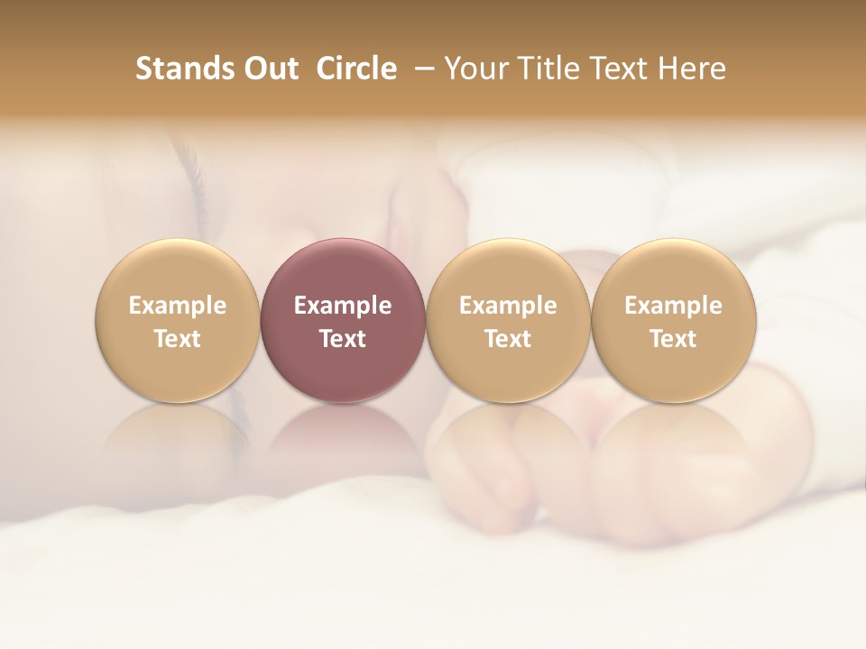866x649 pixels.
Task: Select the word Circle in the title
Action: coord(356,69)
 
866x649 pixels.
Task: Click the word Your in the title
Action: coord(474,69)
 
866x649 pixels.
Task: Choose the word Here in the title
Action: coord(693,69)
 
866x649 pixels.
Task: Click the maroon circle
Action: coord(343,270)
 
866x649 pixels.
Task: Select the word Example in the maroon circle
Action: coord(343,306)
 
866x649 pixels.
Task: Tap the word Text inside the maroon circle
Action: coord(343,339)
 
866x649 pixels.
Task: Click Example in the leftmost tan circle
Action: coord(178,306)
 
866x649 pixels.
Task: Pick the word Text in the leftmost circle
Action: coord(178,339)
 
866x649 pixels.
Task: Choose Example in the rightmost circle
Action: coord(673,306)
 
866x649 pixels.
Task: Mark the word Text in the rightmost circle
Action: coord(673,339)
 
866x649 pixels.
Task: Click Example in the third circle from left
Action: coord(508,306)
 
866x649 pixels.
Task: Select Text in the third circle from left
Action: coord(508,339)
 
